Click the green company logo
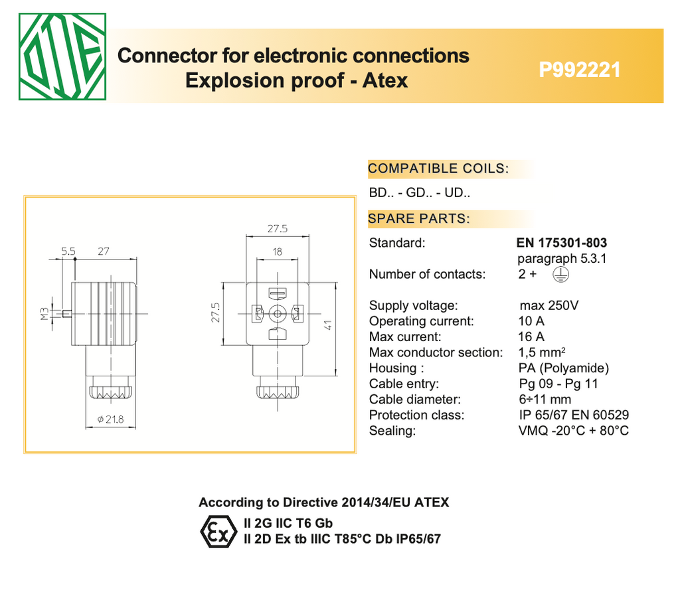(61, 57)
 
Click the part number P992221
(580, 70)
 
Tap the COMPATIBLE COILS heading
(438, 169)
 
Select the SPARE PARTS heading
(419, 218)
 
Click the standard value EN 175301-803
(561, 243)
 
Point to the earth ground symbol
(561, 274)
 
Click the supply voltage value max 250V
(549, 306)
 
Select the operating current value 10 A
(531, 321)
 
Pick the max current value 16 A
(531, 337)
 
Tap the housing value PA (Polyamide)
(563, 368)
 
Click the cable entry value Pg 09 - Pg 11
(558, 384)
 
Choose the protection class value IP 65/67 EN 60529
(574, 415)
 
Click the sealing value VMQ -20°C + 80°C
(573, 431)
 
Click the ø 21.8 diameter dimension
(111, 419)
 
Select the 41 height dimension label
(328, 325)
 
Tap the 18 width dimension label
(278, 252)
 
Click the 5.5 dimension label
(68, 252)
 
